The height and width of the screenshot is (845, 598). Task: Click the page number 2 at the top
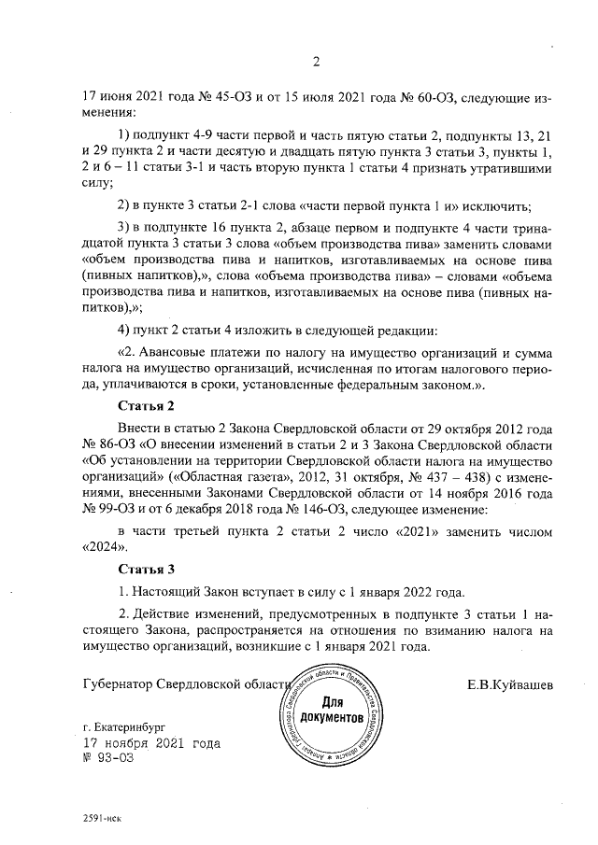tap(316, 63)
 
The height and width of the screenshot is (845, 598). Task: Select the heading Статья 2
tap(148, 407)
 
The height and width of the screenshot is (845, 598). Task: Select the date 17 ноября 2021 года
tap(152, 743)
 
